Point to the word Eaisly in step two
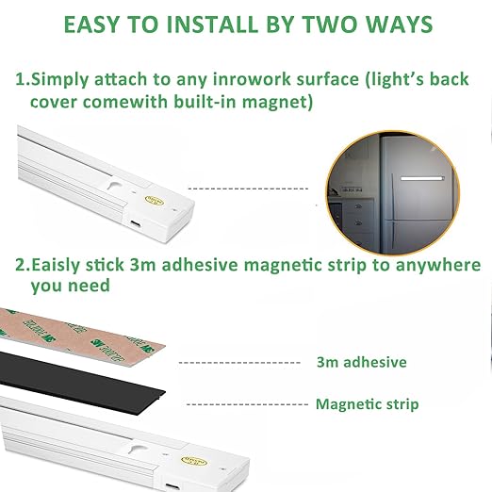click(56, 266)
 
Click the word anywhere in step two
click(438, 266)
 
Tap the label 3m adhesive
click(361, 362)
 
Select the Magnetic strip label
click(367, 404)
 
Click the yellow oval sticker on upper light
click(155, 200)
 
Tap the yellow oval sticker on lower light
click(194, 462)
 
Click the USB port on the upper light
click(136, 223)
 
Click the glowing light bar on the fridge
click(422, 178)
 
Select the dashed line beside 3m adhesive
click(239, 363)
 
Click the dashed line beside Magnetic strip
click(247, 404)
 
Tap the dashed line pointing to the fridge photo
click(248, 189)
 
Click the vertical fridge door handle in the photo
click(392, 196)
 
